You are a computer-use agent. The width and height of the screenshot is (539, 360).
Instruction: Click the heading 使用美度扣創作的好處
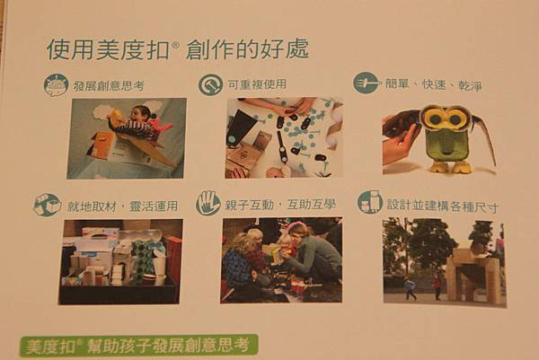(177, 49)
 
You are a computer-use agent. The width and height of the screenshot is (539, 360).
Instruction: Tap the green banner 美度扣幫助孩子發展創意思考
(139, 346)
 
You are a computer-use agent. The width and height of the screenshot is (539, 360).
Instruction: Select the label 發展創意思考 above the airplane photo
(109, 85)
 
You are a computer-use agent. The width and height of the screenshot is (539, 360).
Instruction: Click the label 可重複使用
(257, 84)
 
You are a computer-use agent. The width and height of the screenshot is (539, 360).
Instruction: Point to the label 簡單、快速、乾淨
(433, 84)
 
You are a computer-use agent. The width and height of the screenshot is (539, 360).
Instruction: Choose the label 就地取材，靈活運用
(123, 206)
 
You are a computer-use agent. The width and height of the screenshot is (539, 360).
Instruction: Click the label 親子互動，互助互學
(279, 205)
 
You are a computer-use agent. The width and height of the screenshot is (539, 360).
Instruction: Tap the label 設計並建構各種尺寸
(442, 206)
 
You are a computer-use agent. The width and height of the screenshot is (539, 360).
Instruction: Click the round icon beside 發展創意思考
(56, 85)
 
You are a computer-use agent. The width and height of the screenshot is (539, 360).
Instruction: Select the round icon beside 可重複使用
(210, 84)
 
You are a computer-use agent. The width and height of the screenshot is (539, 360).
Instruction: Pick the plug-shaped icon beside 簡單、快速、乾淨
(367, 83)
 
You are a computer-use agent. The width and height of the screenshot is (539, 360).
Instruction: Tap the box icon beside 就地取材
(47, 205)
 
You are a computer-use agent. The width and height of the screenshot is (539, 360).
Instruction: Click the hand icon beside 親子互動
(208, 204)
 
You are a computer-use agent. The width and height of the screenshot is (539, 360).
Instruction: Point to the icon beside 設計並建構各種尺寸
(370, 203)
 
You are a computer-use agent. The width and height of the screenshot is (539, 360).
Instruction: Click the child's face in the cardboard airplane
(140, 114)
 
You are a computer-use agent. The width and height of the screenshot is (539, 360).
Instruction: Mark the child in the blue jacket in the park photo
(410, 289)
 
